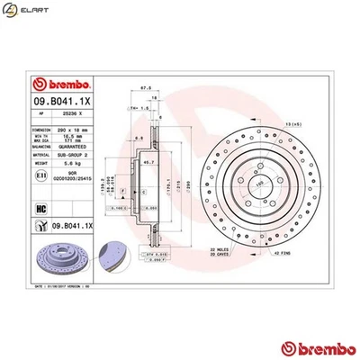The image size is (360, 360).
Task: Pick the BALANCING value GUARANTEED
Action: pyautogui.click(x=85, y=147)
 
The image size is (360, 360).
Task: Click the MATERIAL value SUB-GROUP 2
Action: pyautogui.click(x=85, y=155)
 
